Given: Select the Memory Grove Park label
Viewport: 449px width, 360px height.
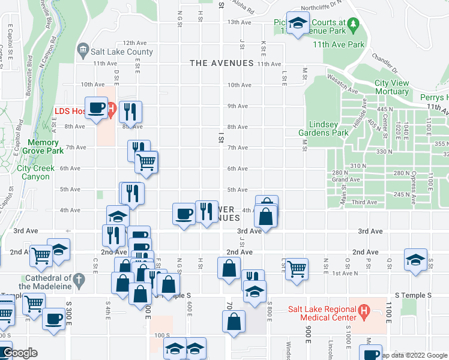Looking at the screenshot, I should [x=41, y=147].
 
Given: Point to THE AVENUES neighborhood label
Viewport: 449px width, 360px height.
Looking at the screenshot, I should [x=221, y=63].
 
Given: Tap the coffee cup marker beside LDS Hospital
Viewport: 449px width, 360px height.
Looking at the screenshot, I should [x=97, y=108].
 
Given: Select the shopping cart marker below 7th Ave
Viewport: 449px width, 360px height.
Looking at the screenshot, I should [x=146, y=162].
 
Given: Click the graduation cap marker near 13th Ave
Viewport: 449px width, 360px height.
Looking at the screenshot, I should [x=297, y=23].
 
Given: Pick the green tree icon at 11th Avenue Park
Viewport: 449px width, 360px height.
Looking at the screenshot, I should [x=354, y=24].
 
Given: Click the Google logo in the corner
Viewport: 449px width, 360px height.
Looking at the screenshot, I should [x=20, y=353].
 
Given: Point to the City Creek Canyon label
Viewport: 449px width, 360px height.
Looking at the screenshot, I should [x=36, y=172].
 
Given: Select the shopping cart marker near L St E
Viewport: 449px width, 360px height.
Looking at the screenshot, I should [x=297, y=269].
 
